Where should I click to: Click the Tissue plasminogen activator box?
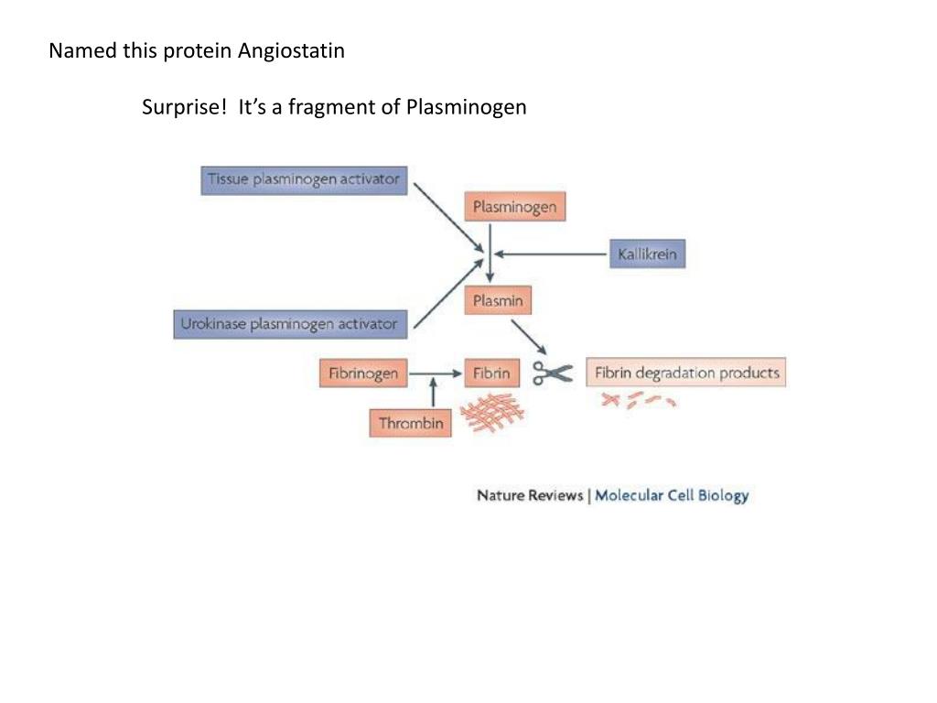[x=304, y=179]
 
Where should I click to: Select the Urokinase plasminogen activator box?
[x=289, y=324]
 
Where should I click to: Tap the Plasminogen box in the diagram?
[x=514, y=207]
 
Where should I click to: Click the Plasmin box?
[x=498, y=300]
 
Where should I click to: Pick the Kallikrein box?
[x=647, y=254]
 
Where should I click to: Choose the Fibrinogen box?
[x=363, y=373]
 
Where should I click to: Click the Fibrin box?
[x=491, y=373]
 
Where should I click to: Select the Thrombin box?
[x=411, y=423]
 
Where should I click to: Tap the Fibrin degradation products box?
[x=686, y=373]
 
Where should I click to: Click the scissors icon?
[x=553, y=373]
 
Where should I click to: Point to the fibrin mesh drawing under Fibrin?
[x=491, y=412]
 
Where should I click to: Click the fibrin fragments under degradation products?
[x=639, y=400]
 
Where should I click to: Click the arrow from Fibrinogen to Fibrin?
[x=436, y=373]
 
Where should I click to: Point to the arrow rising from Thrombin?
[x=433, y=395]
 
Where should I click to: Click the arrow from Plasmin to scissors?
[x=529, y=336]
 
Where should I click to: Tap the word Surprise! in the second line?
[x=184, y=107]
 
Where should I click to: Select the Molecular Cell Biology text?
[x=672, y=495]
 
